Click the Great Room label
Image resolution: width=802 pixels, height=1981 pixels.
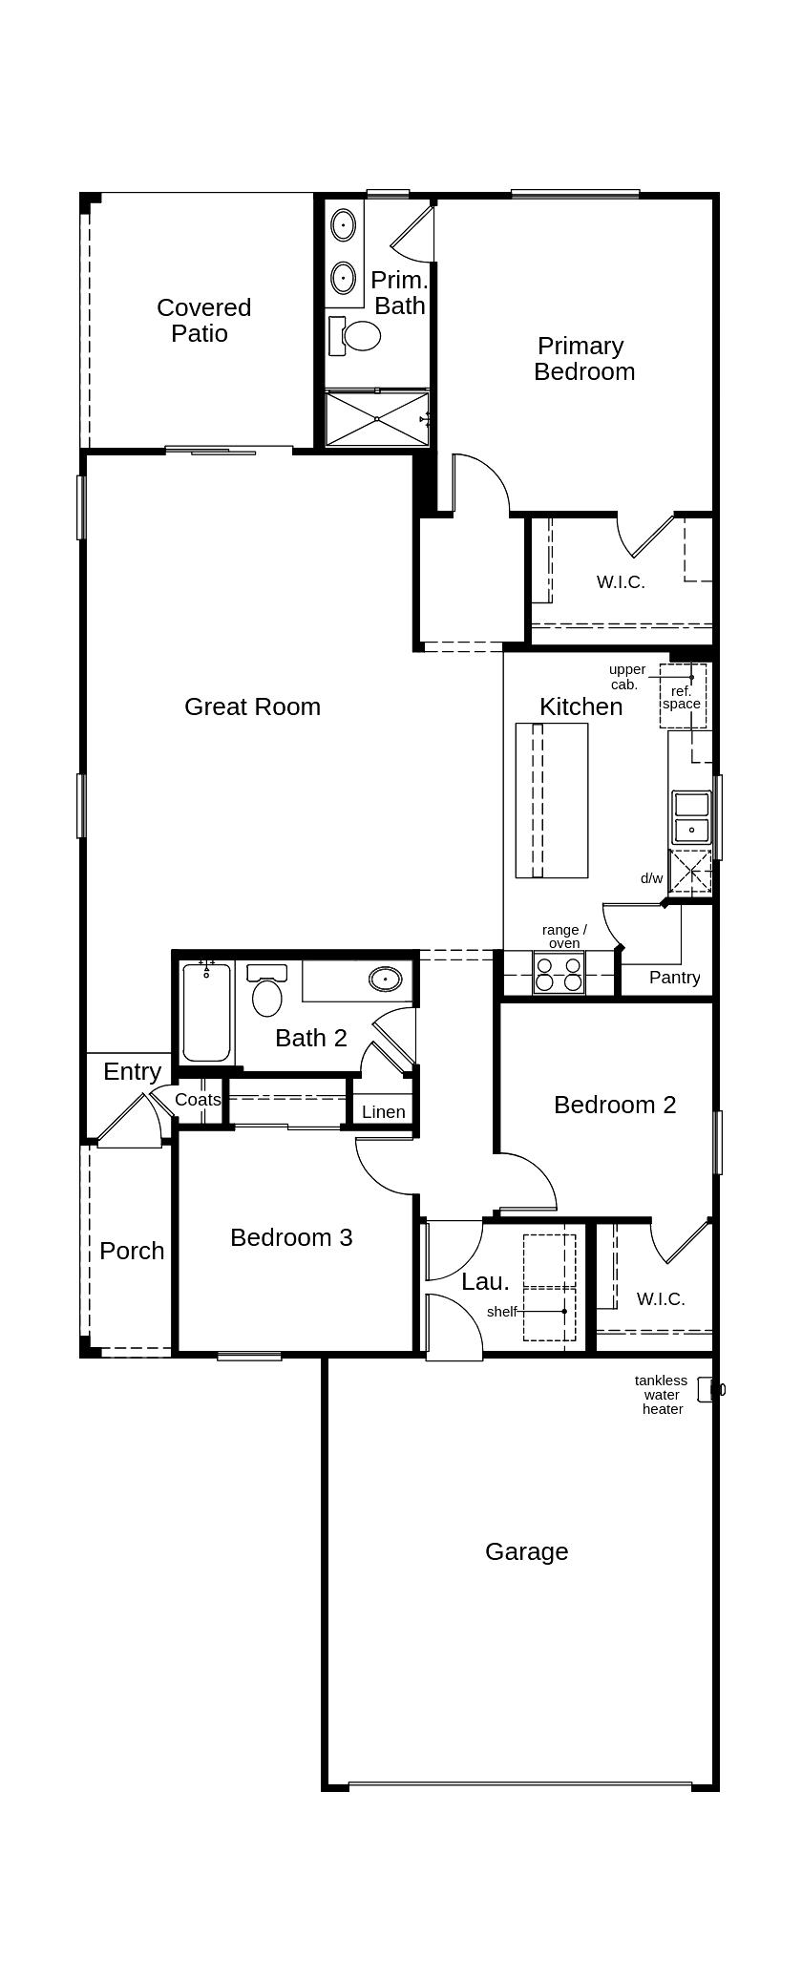[x=252, y=706]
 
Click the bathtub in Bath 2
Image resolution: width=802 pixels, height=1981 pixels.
[x=206, y=1013]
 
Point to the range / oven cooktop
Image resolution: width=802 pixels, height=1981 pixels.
[x=559, y=974]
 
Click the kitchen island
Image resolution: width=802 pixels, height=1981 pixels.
[x=552, y=800]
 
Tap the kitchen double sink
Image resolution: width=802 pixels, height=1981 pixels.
[x=691, y=816]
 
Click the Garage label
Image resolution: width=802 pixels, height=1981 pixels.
[x=526, y=1551]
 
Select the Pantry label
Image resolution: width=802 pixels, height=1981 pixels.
[x=674, y=978]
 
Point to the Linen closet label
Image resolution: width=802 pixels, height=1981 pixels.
[x=384, y=1112]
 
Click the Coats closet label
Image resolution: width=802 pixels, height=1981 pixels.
[x=198, y=1100]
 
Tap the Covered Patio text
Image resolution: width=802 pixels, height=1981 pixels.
[x=203, y=320]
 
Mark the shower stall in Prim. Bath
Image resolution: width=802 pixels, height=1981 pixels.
[x=377, y=418]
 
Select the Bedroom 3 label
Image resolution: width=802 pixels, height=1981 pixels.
[x=291, y=1237]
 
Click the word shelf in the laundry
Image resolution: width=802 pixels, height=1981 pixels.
[x=501, y=1312]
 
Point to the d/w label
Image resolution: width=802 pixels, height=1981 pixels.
[x=651, y=878]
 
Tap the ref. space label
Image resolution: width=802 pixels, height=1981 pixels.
[x=682, y=697]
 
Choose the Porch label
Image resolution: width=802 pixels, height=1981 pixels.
[x=132, y=1251]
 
